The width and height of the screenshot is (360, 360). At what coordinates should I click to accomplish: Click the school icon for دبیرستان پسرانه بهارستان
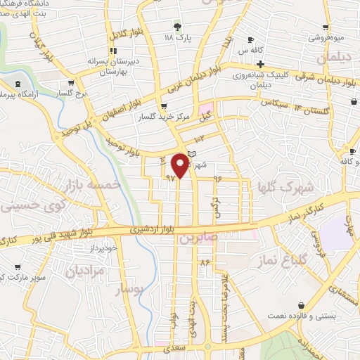(112, 50)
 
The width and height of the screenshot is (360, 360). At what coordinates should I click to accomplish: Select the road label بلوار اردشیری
(150, 229)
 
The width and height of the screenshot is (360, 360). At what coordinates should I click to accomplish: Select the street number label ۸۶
(205, 262)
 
